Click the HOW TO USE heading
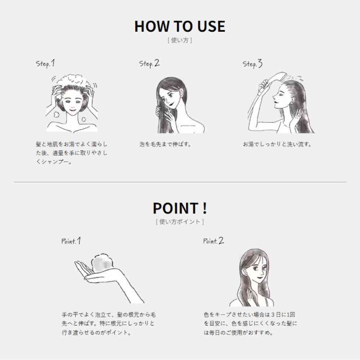pyautogui.click(x=180, y=26)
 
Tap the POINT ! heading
pyautogui.click(x=180, y=208)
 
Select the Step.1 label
pyautogui.click(x=45, y=64)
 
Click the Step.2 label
pyautogui.click(x=149, y=64)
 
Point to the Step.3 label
pyautogui.click(x=253, y=64)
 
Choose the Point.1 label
pyautogui.click(x=71, y=241)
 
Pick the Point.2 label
pyautogui.click(x=213, y=241)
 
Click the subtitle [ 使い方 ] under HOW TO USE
pyautogui.click(x=180, y=40)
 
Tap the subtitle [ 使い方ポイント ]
pyautogui.click(x=180, y=222)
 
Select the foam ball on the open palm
pyautogui.click(x=102, y=264)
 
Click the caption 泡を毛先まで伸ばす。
pyautogui.click(x=165, y=144)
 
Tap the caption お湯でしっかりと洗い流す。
pyautogui.click(x=277, y=144)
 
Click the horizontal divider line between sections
pyautogui.click(x=180, y=182)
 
